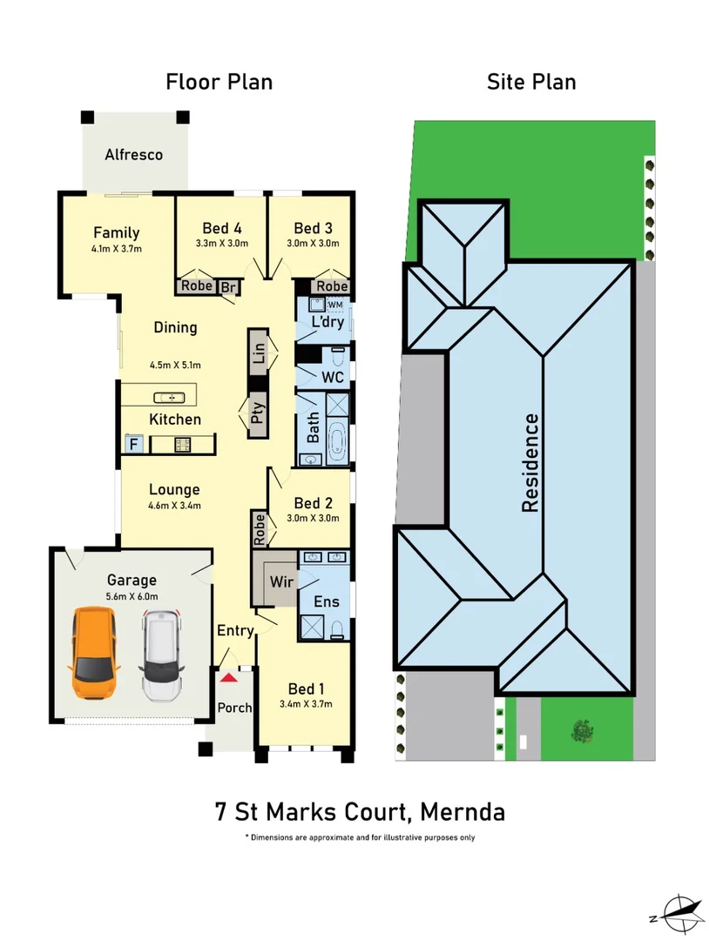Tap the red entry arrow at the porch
pyautogui.click(x=228, y=676)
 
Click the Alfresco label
pyautogui.click(x=134, y=155)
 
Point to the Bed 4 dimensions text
pyautogui.click(x=221, y=244)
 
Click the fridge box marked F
pyautogui.click(x=134, y=444)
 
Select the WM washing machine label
pyautogui.click(x=335, y=305)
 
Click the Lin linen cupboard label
pyautogui.click(x=258, y=353)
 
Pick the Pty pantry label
pyautogui.click(x=258, y=413)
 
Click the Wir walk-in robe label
pyautogui.click(x=281, y=581)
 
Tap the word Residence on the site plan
pyautogui.click(x=530, y=462)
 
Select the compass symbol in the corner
pyautogui.click(x=681, y=911)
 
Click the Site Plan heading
pyautogui.click(x=531, y=82)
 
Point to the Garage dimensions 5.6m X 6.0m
pyautogui.click(x=132, y=596)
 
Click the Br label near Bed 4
pyautogui.click(x=228, y=286)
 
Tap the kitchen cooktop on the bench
pyautogui.click(x=184, y=445)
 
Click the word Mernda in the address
pyautogui.click(x=462, y=812)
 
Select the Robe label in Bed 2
pyautogui.click(x=259, y=528)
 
